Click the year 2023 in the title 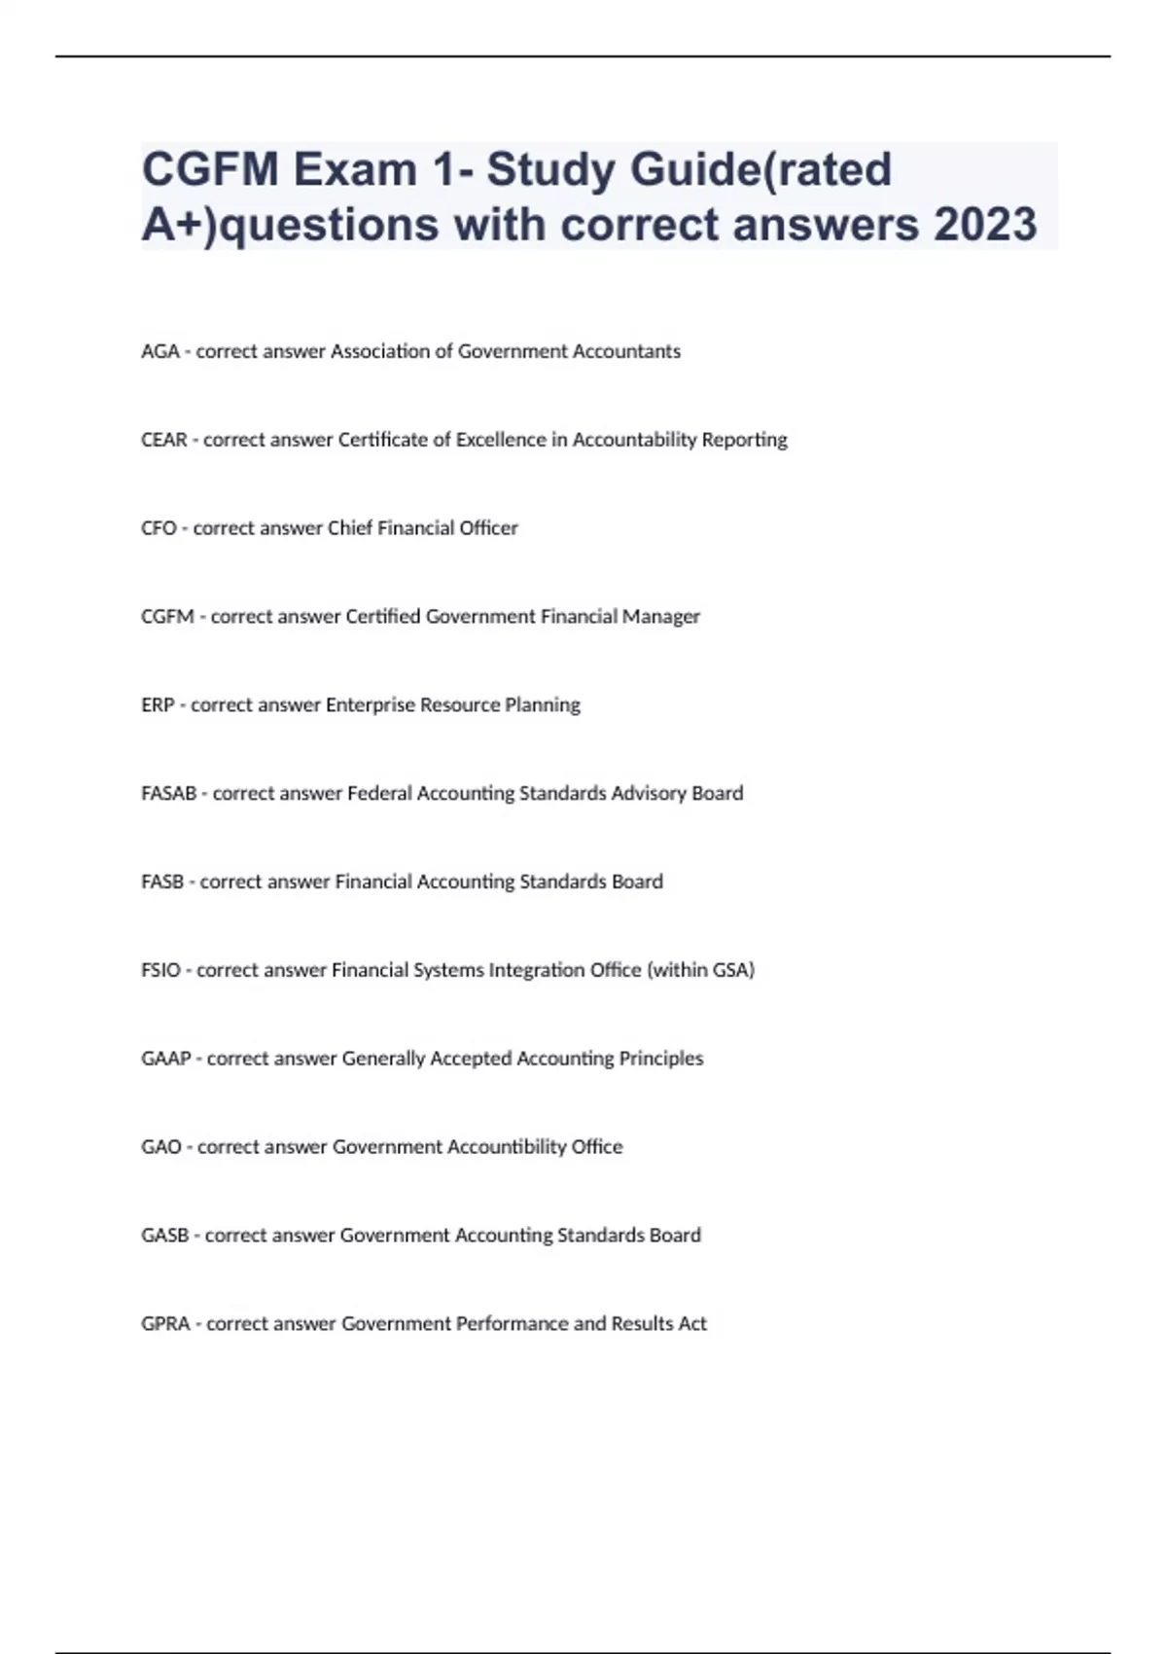pyautogui.click(x=985, y=224)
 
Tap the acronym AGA pyautogui.click(x=159, y=351)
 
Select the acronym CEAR pyautogui.click(x=163, y=440)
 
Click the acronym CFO pyautogui.click(x=159, y=528)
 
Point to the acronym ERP pyautogui.click(x=157, y=704)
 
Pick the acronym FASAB pyautogui.click(x=168, y=793)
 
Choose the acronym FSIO pyautogui.click(x=160, y=970)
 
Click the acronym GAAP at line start pyautogui.click(x=165, y=1059)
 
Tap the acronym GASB pyautogui.click(x=164, y=1236)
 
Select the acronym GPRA pyautogui.click(x=165, y=1324)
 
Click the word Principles pyautogui.click(x=661, y=1059)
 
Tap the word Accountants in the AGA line pyautogui.click(x=625, y=351)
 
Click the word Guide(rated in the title pyautogui.click(x=760, y=169)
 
